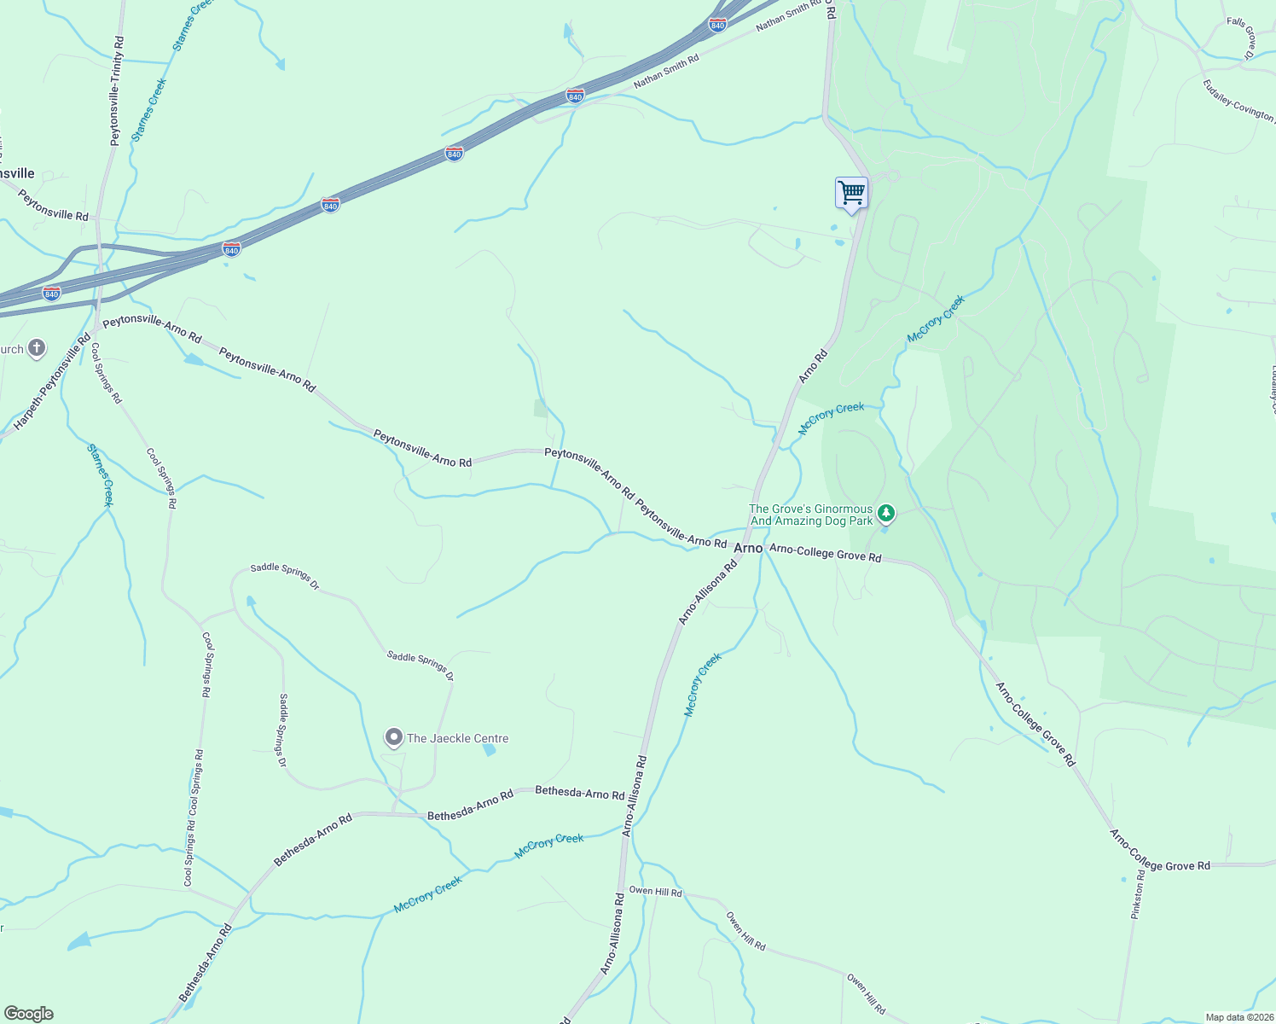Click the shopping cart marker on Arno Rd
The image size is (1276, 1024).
[x=851, y=193]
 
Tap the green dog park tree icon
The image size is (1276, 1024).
[x=886, y=513]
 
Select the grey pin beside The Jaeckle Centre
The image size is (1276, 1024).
[x=393, y=737]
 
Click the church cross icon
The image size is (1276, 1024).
[x=36, y=347]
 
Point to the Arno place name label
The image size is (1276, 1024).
[x=748, y=548]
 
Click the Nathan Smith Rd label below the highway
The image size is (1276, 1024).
[x=666, y=72]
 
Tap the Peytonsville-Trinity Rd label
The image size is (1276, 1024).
[x=117, y=90]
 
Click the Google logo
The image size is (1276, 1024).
[x=28, y=1014]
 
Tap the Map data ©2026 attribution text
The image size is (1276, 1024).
[x=1238, y=1017]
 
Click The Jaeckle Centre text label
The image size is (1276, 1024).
[x=457, y=738]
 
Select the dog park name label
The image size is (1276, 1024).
[x=810, y=515]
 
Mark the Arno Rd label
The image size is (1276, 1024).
[x=813, y=366]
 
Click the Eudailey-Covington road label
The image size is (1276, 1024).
[x=1238, y=100]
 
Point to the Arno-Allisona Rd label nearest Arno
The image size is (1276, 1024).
[x=707, y=593]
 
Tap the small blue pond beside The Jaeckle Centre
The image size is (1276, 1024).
[x=489, y=750]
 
